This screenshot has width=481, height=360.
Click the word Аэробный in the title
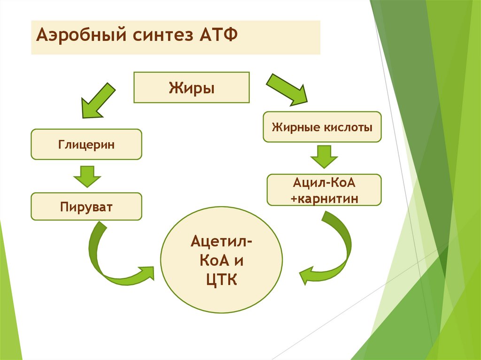pyautogui.click(x=78, y=35)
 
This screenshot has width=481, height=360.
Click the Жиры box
pyautogui.click(x=192, y=87)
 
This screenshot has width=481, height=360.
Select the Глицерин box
pyautogui.click(x=86, y=144)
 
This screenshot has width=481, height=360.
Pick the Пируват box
pyautogui.click(x=86, y=206)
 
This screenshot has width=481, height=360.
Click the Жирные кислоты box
pyautogui.click(x=322, y=127)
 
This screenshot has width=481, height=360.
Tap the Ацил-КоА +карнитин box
pyautogui.click(x=324, y=190)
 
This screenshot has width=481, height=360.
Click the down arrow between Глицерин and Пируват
pyautogui.click(x=87, y=176)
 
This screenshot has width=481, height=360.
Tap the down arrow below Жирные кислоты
pyautogui.click(x=324, y=157)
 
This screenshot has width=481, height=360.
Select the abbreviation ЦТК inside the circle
pyautogui.click(x=221, y=281)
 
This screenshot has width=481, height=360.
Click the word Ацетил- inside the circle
pyautogui.click(x=220, y=242)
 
